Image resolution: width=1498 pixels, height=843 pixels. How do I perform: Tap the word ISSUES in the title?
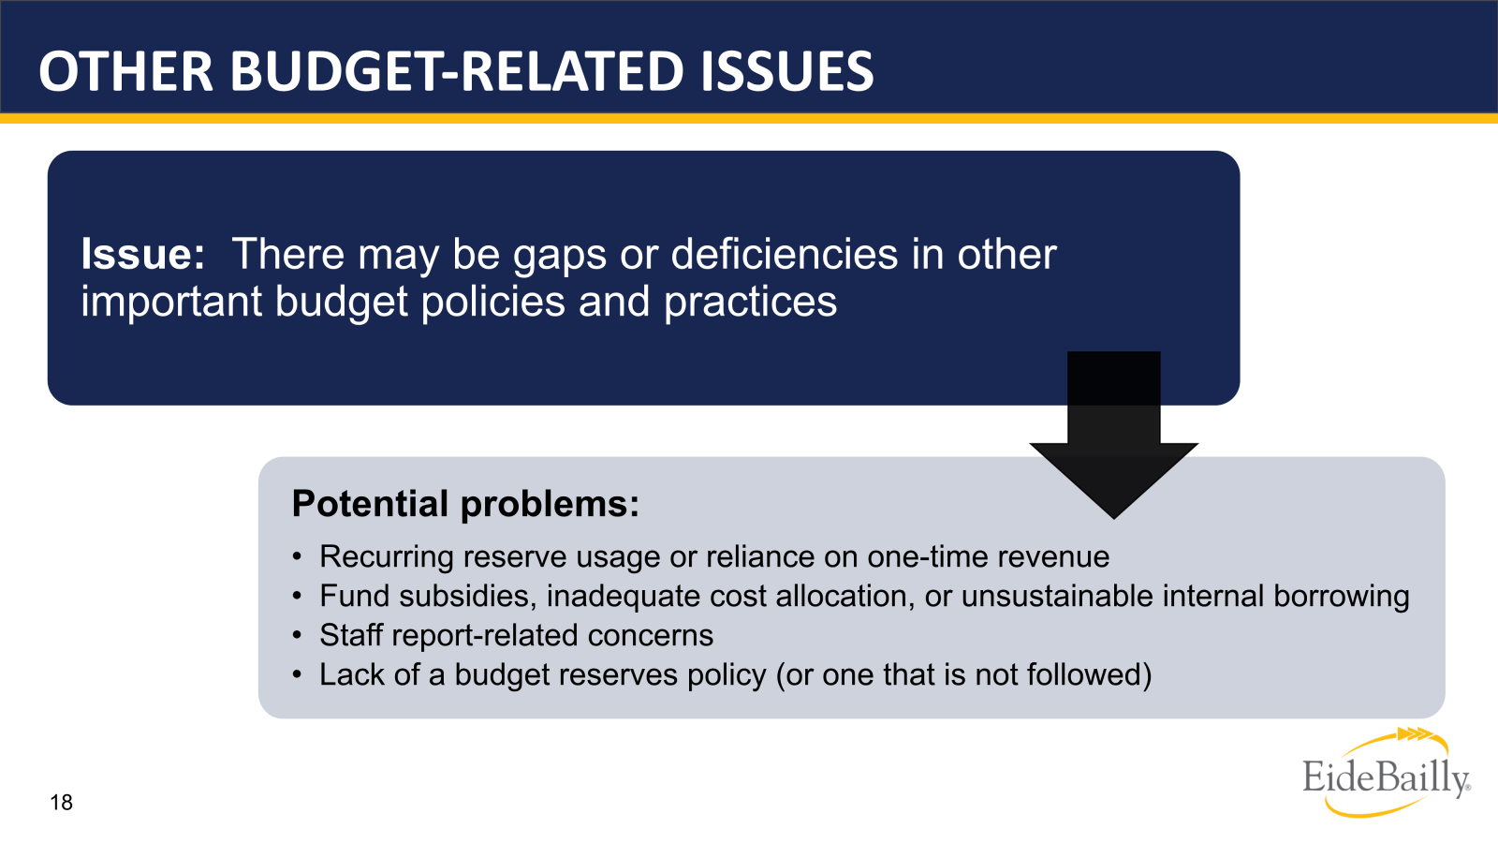tap(786, 72)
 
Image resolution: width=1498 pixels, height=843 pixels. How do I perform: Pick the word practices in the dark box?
tap(750, 303)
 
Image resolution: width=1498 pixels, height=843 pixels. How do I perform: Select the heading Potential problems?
tap(465, 504)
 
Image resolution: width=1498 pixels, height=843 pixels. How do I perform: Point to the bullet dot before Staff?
tap(297, 637)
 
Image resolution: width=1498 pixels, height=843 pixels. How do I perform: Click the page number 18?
tap(61, 803)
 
